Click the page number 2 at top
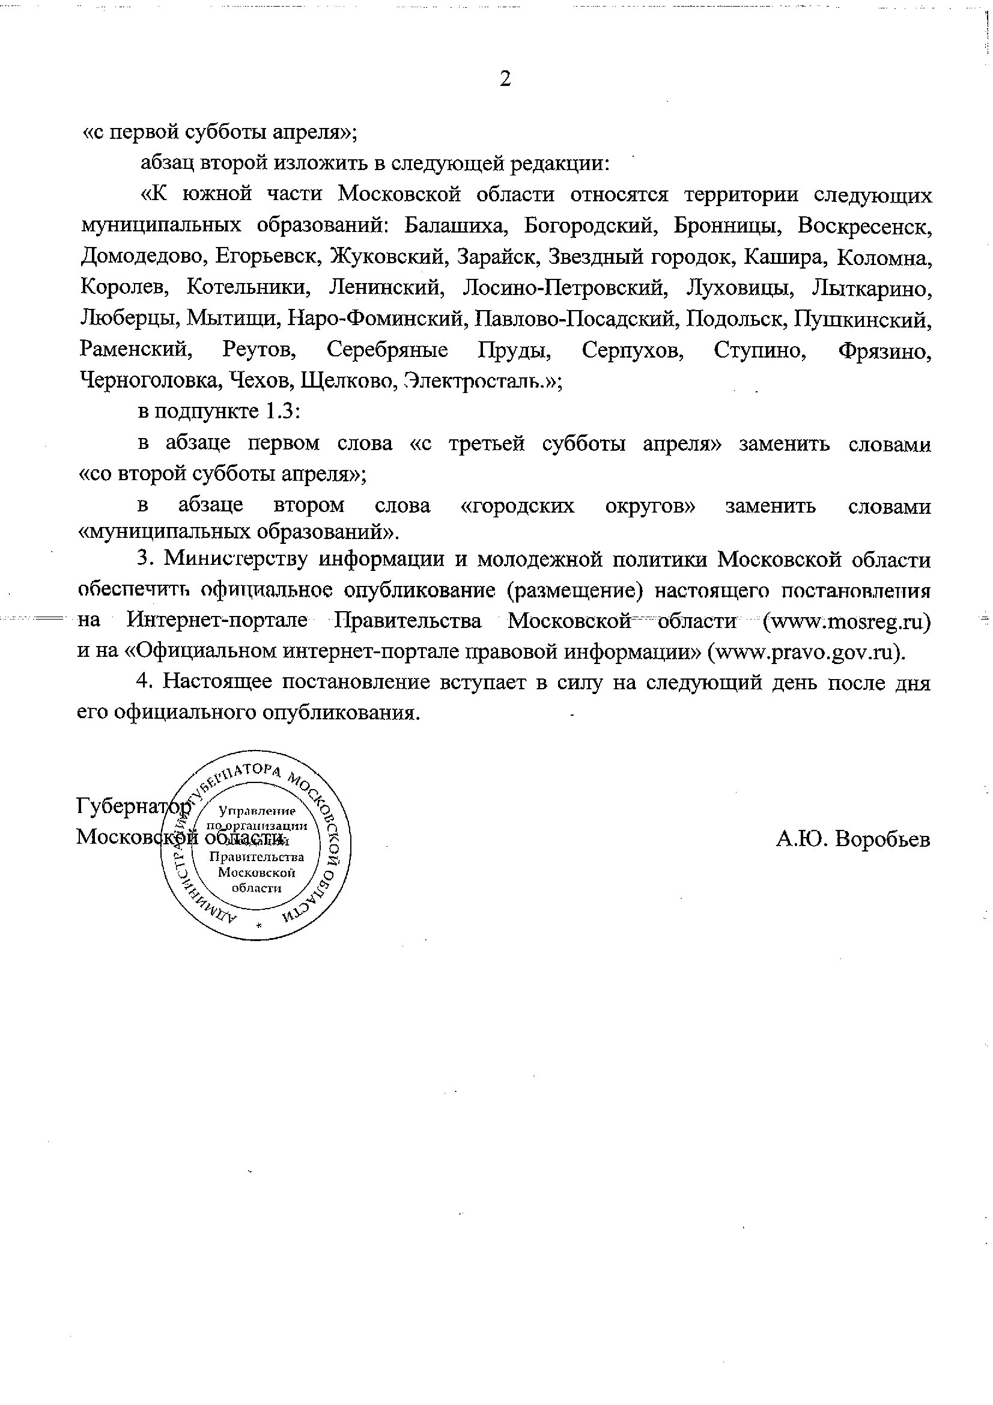pyautogui.click(x=505, y=79)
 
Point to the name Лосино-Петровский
pyautogui.click(x=564, y=288)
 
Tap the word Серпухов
pyautogui.click(x=633, y=350)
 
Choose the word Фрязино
pyautogui.click(x=885, y=350)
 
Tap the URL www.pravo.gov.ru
pyautogui.click(x=805, y=651)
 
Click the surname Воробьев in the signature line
pyautogui.click(x=882, y=839)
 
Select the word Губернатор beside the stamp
pyautogui.click(x=130, y=807)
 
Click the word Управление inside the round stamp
pyautogui.click(x=258, y=812)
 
